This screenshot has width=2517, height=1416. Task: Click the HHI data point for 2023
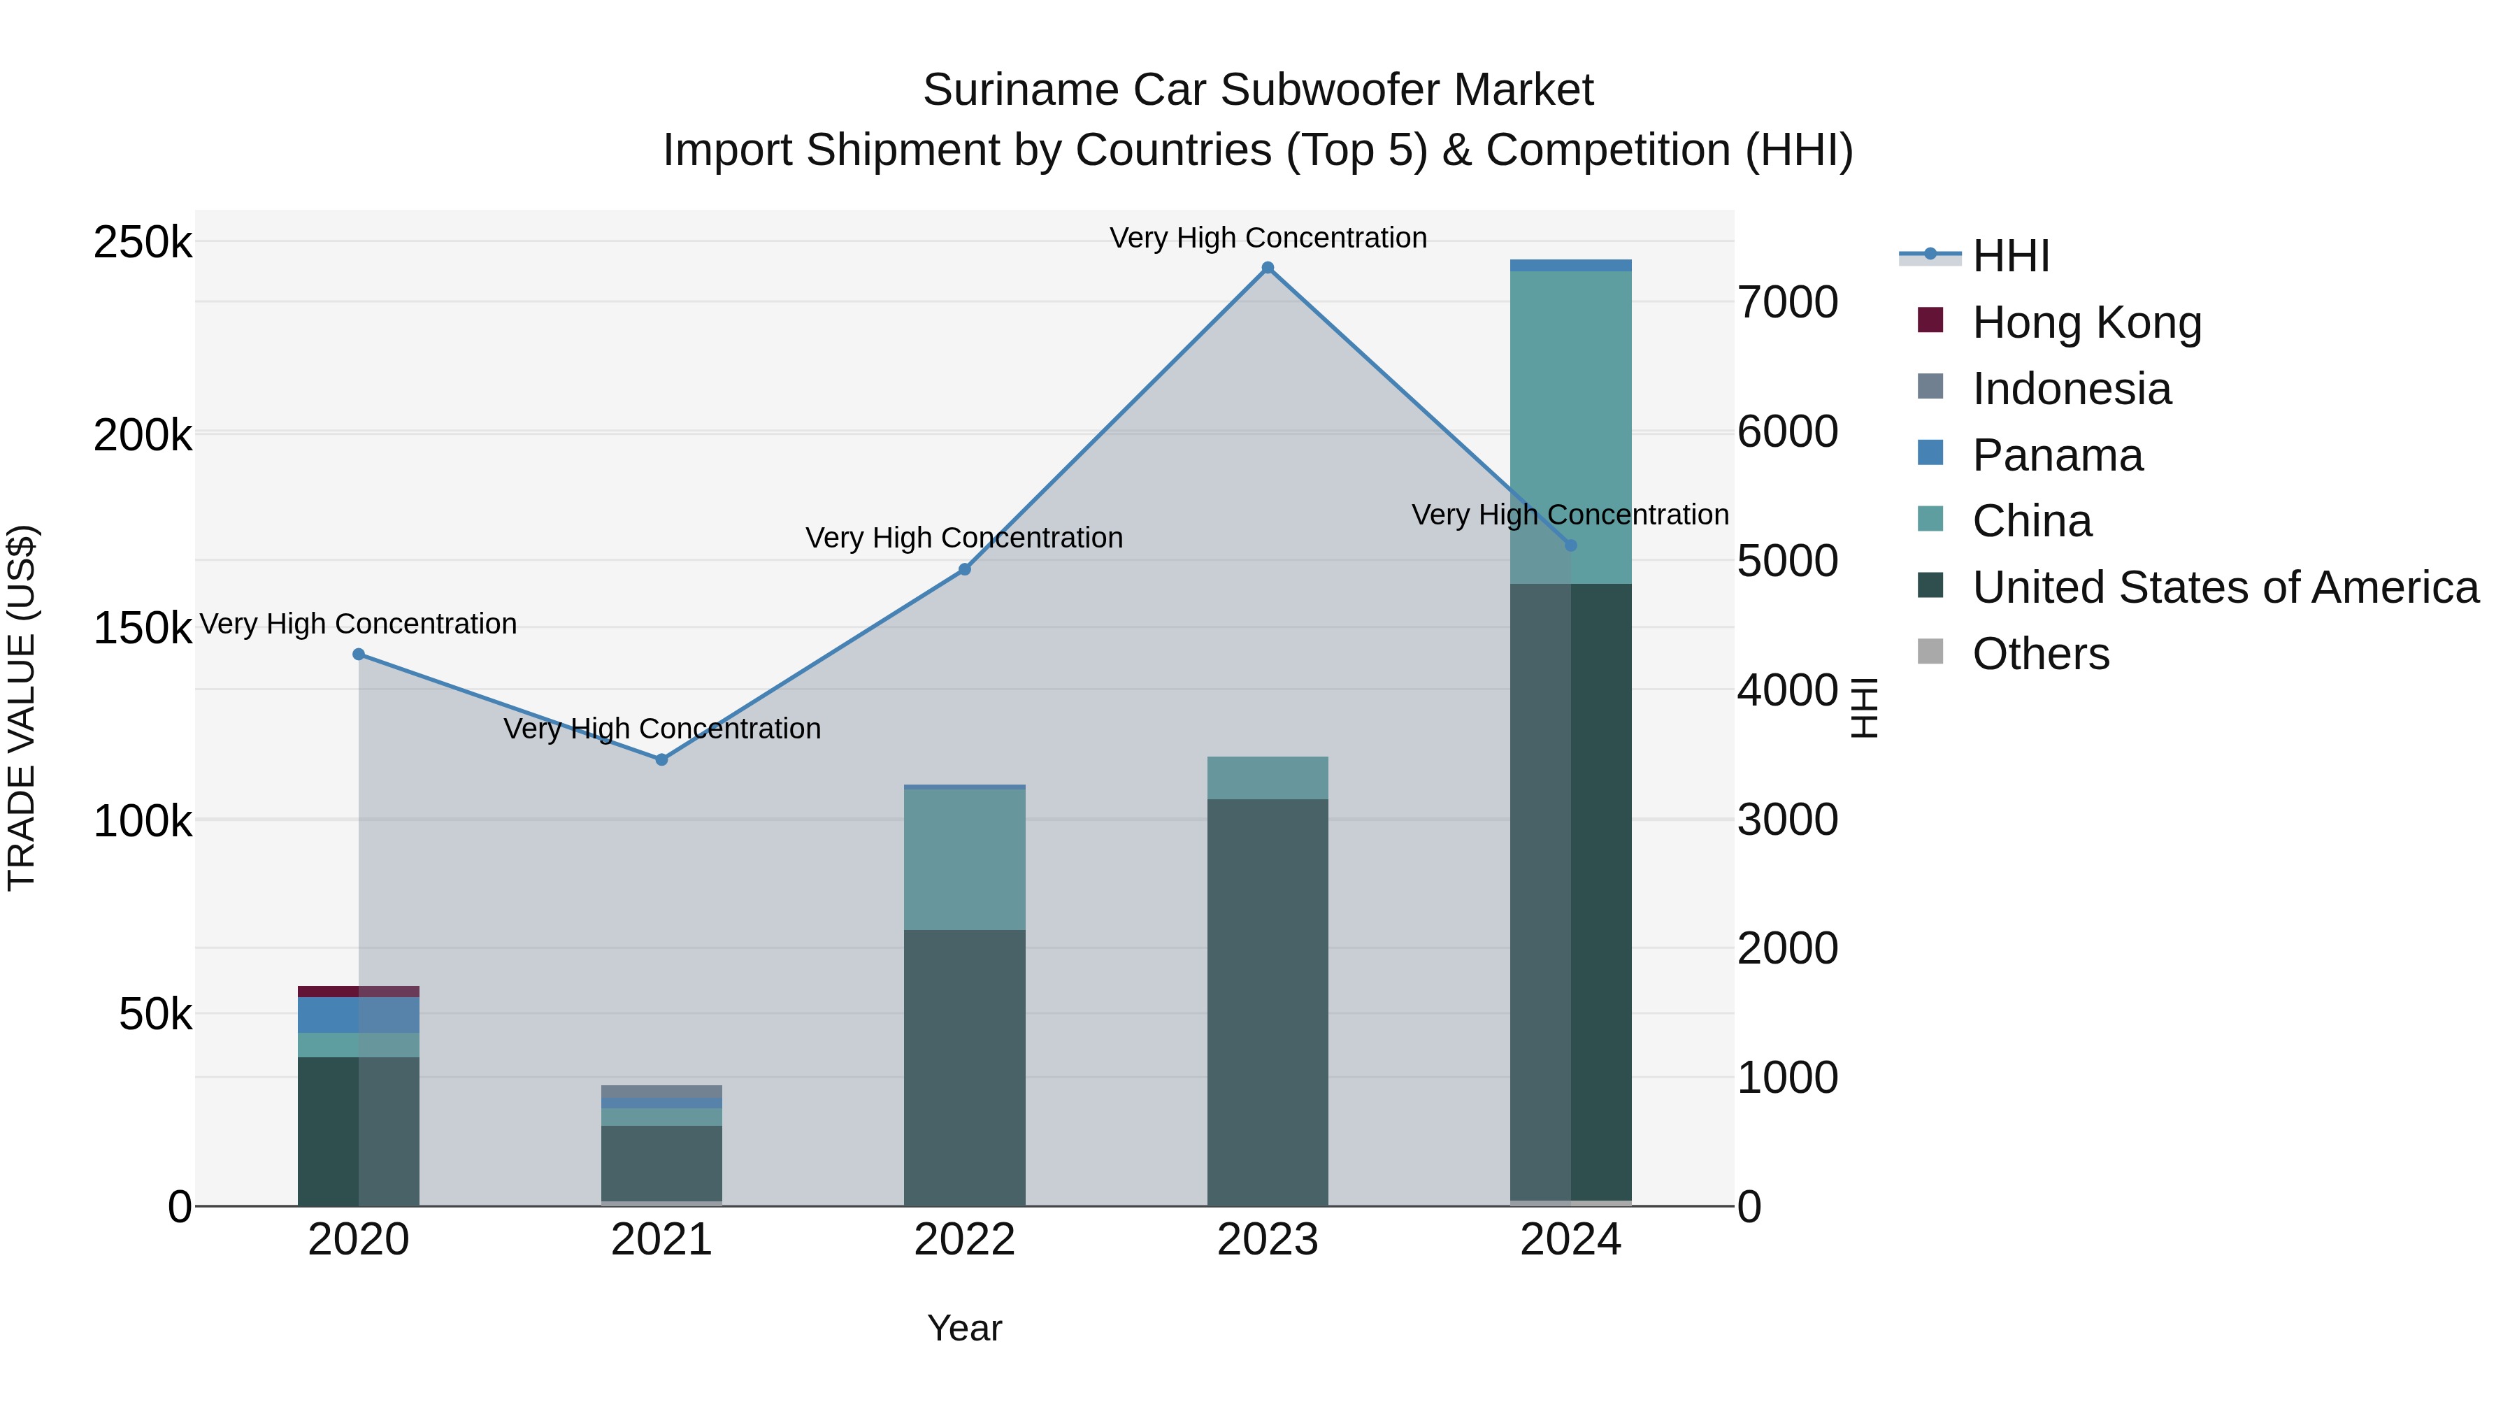click(1268, 268)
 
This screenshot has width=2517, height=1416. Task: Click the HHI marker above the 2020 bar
click(359, 655)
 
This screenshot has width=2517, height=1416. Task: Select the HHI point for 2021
click(661, 759)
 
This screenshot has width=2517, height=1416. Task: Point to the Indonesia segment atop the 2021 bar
click(661, 1091)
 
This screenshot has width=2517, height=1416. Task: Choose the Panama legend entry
click(2057, 455)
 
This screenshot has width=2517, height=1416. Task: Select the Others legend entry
click(2040, 654)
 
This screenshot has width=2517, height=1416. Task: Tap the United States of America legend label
click(2225, 587)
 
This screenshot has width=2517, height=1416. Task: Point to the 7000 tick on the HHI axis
click(1787, 302)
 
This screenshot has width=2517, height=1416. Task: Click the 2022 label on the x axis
click(964, 1240)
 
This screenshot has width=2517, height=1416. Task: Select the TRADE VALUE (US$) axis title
click(22, 708)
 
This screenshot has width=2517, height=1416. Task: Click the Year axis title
click(964, 1328)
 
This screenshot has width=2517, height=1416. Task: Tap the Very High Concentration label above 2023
click(1268, 238)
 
